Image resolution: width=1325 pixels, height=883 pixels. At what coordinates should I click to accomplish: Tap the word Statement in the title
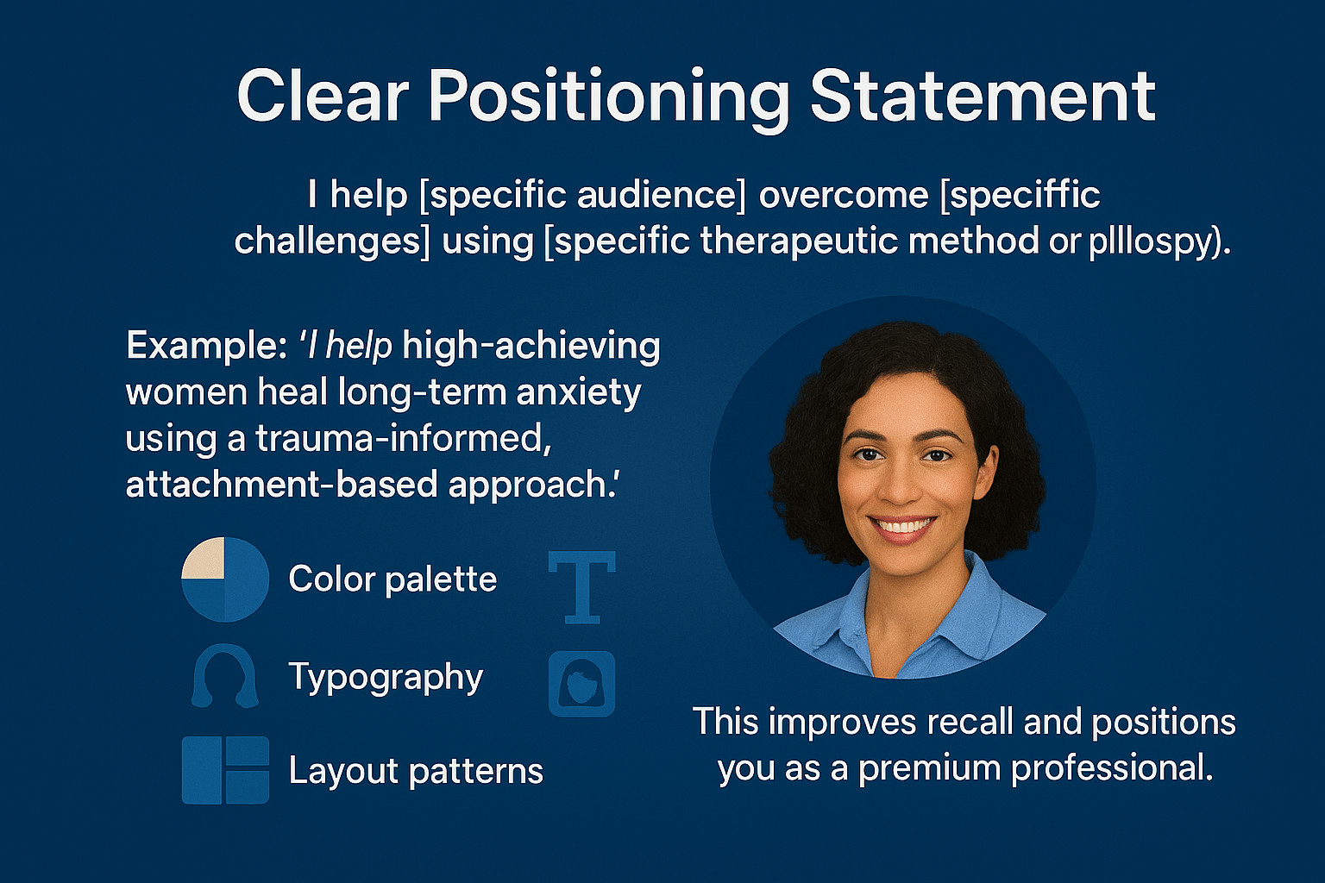tap(983, 97)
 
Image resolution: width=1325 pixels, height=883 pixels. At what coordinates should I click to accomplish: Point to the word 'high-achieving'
tap(531, 346)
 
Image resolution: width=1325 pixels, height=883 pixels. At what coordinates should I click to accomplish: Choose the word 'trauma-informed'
tap(403, 438)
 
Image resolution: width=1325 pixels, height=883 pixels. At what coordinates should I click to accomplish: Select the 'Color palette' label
tap(392, 579)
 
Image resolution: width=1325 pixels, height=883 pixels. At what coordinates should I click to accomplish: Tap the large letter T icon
tap(582, 587)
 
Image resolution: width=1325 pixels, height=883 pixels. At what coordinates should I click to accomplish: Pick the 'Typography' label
tap(386, 678)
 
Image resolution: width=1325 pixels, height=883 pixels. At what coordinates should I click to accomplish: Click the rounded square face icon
tap(582, 684)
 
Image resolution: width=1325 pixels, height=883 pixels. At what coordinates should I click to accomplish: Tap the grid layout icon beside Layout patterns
tap(225, 770)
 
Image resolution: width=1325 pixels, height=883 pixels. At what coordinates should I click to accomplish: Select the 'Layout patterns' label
tap(416, 771)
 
